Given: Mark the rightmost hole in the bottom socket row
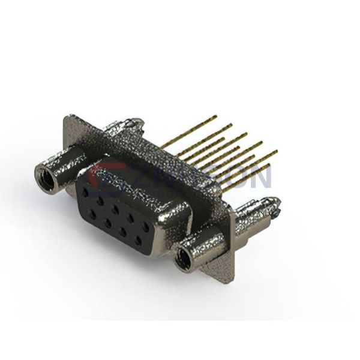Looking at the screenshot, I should coord(139,241).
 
